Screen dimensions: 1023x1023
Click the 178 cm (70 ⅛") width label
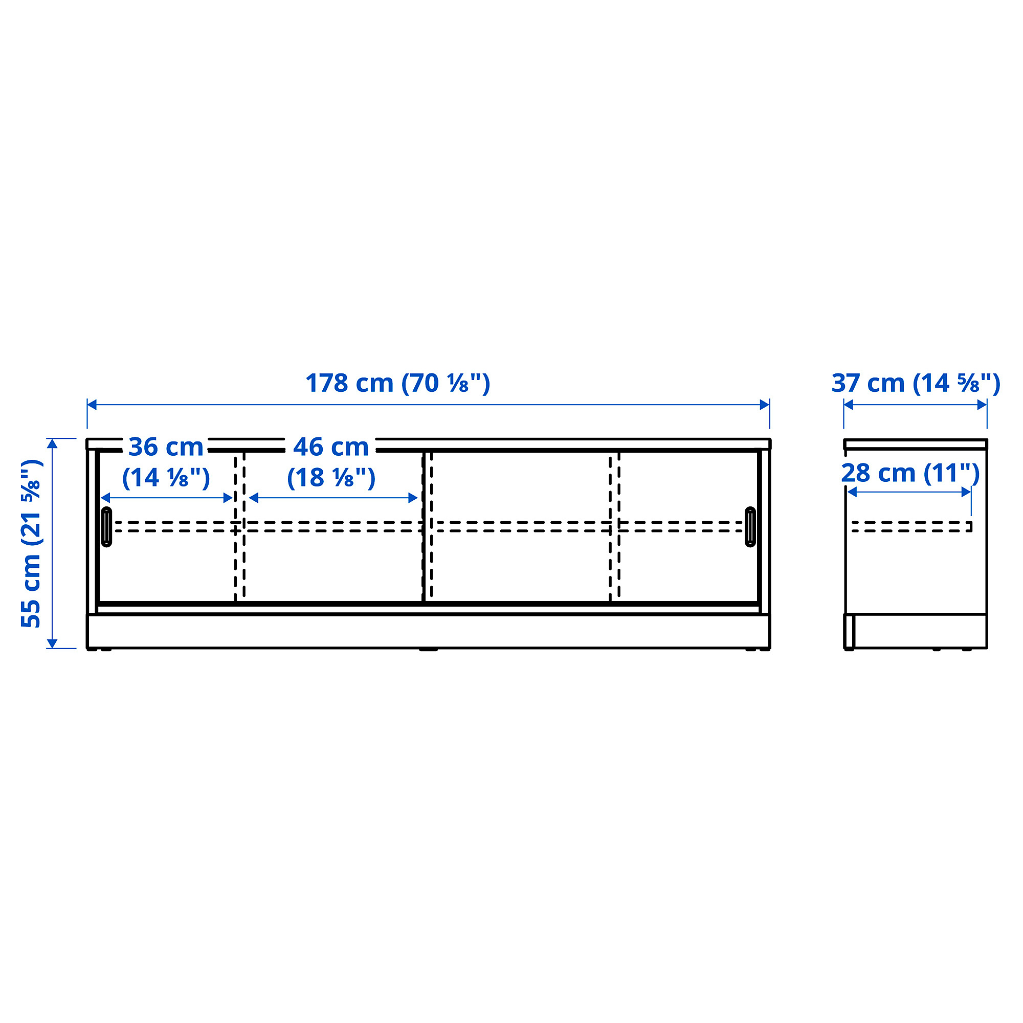click(397, 383)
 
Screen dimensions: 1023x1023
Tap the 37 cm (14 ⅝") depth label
click(916, 383)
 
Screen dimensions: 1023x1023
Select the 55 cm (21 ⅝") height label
click(31, 543)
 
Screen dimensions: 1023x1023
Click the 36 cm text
click(166, 447)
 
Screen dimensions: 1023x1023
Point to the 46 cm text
click(331, 447)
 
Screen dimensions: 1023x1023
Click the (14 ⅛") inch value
click(166, 478)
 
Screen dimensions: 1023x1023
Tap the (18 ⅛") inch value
click(331, 478)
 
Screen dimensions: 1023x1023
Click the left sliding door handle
click(106, 526)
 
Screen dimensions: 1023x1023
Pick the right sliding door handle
click(750, 526)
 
